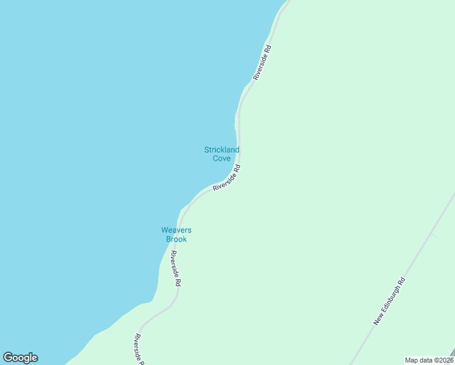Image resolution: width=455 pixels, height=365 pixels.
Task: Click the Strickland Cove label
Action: click(x=221, y=154)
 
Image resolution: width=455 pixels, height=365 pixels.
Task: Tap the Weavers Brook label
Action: click(x=176, y=234)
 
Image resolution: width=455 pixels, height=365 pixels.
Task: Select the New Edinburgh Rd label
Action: click(x=389, y=301)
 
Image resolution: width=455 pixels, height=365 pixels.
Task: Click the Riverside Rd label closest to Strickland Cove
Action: click(x=227, y=178)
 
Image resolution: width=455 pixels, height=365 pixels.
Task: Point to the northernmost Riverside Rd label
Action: click(x=262, y=62)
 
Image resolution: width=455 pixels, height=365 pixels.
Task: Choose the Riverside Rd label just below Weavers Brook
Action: click(x=176, y=269)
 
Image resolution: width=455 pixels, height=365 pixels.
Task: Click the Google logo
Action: click(x=20, y=358)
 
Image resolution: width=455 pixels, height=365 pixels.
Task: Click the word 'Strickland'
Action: click(x=221, y=150)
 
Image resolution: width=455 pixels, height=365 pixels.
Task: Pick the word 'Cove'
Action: click(x=221, y=159)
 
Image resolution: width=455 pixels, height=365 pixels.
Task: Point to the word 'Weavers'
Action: click(x=176, y=230)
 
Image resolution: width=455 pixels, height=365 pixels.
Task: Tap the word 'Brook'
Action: click(x=176, y=239)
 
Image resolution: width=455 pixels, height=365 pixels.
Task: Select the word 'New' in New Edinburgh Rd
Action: click(x=377, y=319)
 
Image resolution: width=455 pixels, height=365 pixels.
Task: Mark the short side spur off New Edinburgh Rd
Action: click(x=433, y=234)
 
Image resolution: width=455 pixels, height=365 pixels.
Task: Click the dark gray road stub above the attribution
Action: click(x=451, y=352)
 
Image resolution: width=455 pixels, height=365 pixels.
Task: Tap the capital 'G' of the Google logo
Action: click(x=8, y=358)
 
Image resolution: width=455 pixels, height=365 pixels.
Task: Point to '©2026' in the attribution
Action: click(x=442, y=360)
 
